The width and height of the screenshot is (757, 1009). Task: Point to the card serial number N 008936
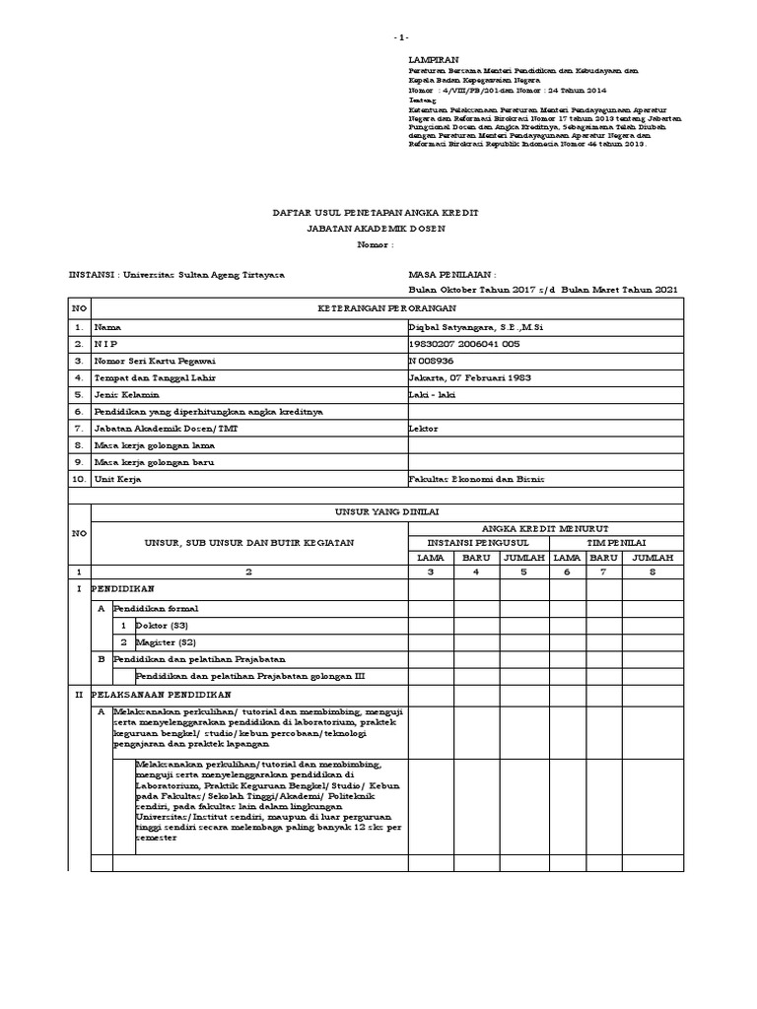431,361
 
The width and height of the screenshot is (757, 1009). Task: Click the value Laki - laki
431,394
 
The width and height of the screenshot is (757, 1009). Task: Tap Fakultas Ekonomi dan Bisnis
476,479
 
